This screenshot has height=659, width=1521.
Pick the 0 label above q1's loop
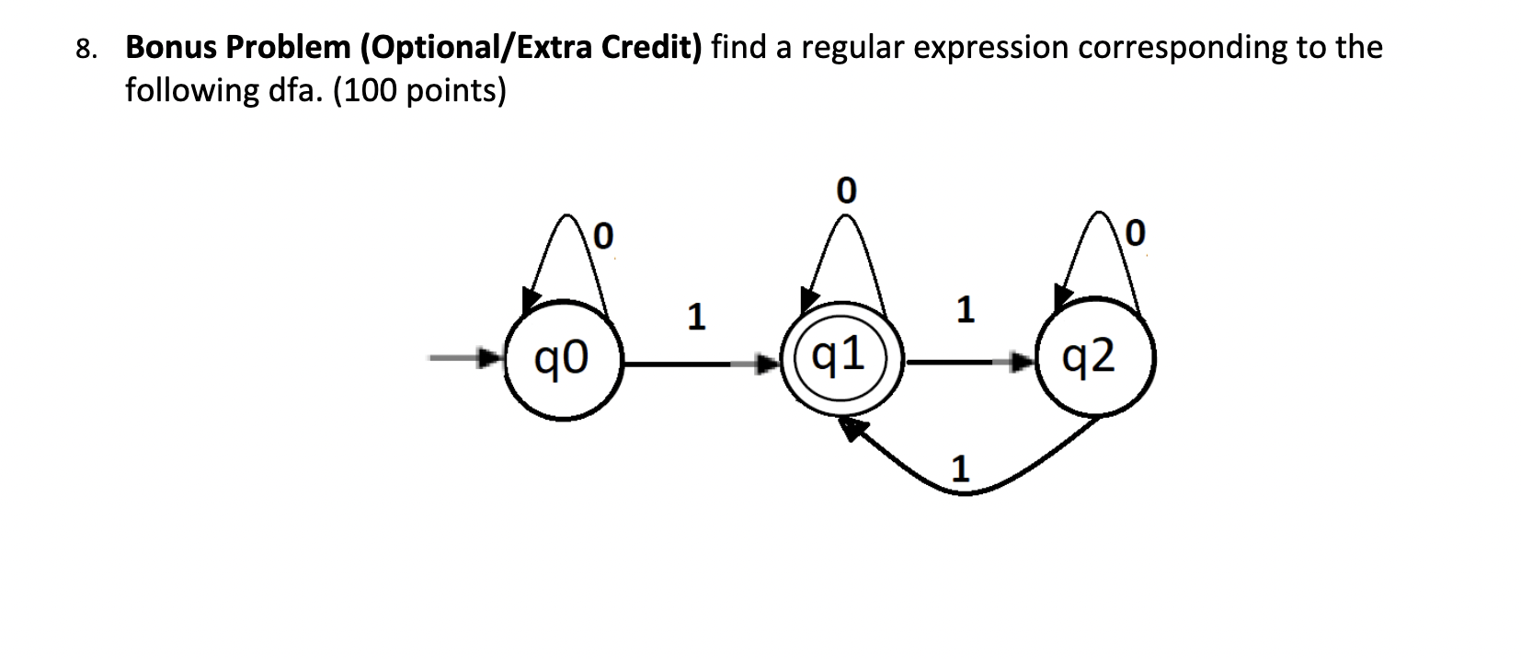pyautogui.click(x=845, y=191)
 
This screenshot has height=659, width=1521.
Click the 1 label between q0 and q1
pyautogui.click(x=696, y=318)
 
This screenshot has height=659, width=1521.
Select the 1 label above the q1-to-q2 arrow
pyautogui.click(x=964, y=310)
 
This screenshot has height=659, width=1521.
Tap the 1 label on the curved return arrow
pyautogui.click(x=959, y=469)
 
